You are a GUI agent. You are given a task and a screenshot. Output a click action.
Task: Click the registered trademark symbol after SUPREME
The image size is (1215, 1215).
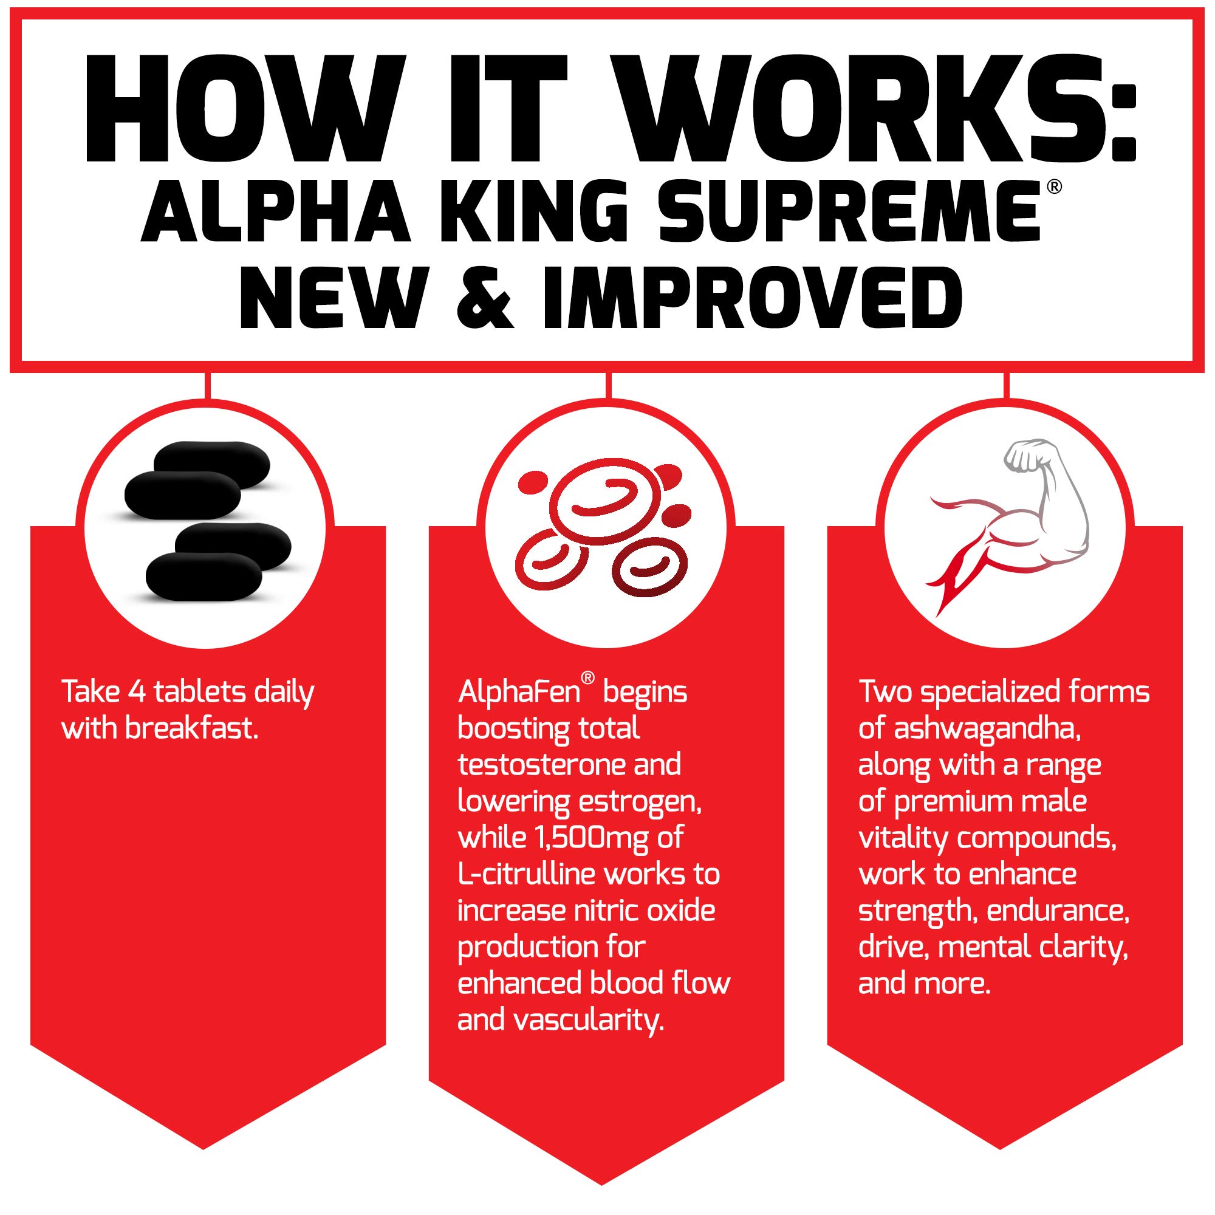coord(1055,187)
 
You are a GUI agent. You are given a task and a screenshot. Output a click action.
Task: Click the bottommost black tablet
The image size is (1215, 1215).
coord(204,575)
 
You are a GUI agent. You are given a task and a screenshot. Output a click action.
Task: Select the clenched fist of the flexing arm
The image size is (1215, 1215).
coord(1022,456)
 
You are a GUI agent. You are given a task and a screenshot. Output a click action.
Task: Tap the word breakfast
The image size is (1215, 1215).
coord(193,729)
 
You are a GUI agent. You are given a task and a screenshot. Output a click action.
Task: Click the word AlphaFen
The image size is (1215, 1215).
coord(519,693)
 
